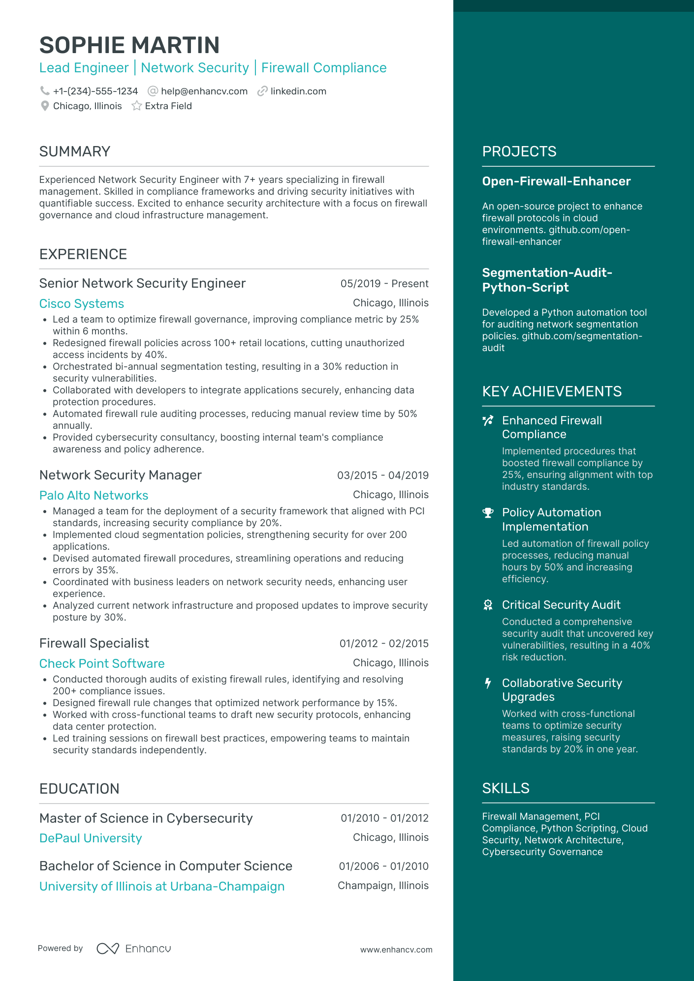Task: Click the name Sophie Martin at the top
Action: (x=129, y=45)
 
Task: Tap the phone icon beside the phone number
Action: (x=45, y=91)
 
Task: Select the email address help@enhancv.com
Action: (x=204, y=91)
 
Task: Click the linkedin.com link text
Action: (x=298, y=91)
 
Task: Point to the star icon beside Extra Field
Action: (x=137, y=106)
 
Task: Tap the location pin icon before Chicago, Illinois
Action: (x=45, y=106)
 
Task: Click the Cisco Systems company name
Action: (x=82, y=304)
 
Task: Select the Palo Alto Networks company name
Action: (x=94, y=496)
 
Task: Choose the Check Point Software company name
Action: (x=102, y=664)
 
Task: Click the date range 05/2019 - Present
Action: (x=384, y=284)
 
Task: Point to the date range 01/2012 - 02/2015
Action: (x=384, y=644)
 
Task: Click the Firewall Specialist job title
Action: (x=94, y=643)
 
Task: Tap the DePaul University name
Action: (x=91, y=838)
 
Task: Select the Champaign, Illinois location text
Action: (x=383, y=886)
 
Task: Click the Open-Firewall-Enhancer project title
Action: (x=556, y=181)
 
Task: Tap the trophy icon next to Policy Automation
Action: (x=488, y=513)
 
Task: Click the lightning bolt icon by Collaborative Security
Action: (x=488, y=684)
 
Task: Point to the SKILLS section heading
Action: (x=505, y=788)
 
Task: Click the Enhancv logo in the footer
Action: (x=134, y=949)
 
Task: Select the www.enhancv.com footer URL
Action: (x=396, y=950)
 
